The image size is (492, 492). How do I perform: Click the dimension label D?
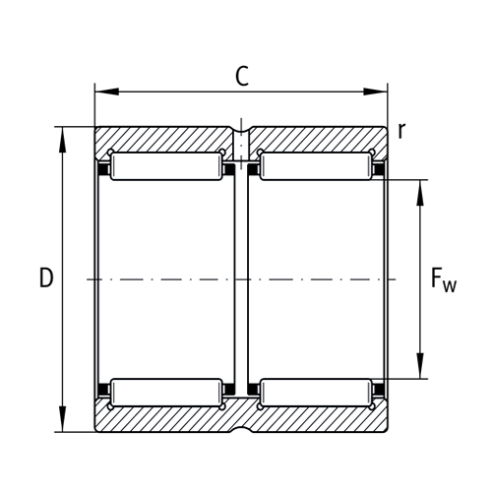[45, 278]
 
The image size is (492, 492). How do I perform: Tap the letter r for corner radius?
[401, 129]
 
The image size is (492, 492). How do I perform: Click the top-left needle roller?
[164, 166]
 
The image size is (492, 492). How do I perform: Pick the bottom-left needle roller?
[164, 393]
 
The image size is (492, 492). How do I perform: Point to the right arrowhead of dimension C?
[382, 93]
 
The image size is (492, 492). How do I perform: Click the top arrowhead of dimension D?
[64, 134]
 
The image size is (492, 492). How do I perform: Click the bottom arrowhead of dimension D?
[64, 425]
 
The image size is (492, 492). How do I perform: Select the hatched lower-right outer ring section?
[315, 421]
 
